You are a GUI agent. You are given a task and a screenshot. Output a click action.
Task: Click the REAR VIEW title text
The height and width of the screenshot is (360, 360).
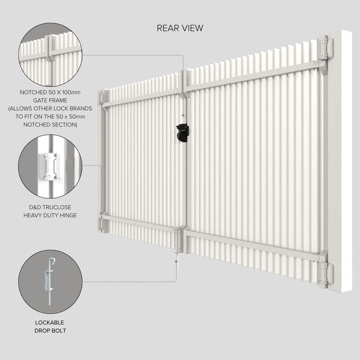click(x=179, y=28)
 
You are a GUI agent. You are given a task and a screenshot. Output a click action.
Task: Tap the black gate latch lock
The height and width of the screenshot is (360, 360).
click(x=182, y=133)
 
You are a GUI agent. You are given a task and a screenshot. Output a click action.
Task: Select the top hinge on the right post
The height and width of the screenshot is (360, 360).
click(x=325, y=48)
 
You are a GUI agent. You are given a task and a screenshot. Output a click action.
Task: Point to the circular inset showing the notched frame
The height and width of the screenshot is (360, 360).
click(x=50, y=56)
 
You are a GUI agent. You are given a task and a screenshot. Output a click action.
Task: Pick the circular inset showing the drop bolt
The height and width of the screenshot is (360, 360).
click(x=50, y=282)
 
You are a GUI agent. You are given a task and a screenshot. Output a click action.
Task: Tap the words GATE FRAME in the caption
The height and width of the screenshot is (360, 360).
click(x=50, y=101)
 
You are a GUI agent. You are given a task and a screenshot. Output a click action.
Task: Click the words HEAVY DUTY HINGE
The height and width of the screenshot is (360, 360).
click(x=50, y=215)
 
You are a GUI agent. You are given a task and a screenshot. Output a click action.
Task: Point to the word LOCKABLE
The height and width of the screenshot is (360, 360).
click(x=50, y=322)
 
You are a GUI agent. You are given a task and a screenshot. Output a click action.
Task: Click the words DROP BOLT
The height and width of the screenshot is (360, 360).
click(x=50, y=331)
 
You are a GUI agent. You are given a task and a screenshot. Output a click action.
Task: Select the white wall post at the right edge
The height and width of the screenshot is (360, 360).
click(x=341, y=159)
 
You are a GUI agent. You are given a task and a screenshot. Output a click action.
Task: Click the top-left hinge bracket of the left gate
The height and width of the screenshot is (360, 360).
click(x=103, y=97)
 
